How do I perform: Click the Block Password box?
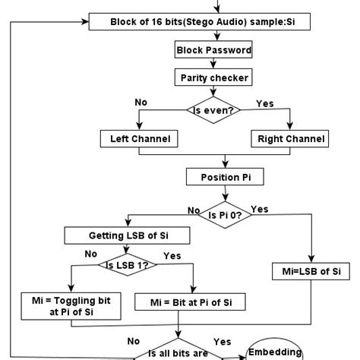[213, 50]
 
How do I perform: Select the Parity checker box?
[213, 77]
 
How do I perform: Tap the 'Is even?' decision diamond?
[213, 109]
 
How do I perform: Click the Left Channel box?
[139, 138]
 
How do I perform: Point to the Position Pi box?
[226, 177]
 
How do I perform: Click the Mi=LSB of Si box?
[312, 271]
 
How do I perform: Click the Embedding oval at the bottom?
[276, 352]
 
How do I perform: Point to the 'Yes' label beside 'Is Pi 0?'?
[259, 209]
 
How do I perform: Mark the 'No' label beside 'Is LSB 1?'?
[91, 254]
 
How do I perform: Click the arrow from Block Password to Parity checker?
[213, 64]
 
